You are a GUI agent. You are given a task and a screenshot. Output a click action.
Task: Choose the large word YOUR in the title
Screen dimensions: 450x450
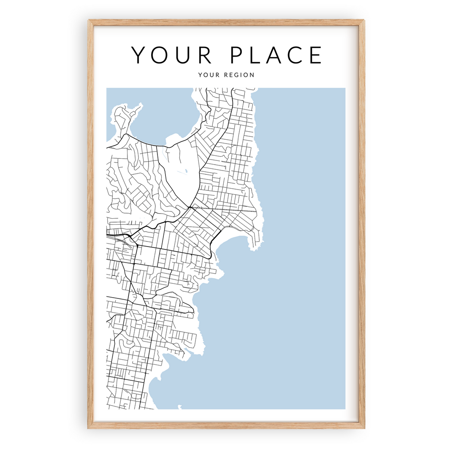[171, 55]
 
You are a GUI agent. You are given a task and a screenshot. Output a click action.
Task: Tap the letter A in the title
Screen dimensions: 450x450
[274, 55]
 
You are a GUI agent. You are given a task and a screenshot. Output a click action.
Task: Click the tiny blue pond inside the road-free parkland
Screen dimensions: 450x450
[185, 172]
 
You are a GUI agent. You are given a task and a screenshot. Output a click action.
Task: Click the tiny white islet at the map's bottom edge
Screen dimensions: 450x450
[180, 407]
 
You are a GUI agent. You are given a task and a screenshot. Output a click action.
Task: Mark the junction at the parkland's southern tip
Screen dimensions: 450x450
[190, 207]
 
